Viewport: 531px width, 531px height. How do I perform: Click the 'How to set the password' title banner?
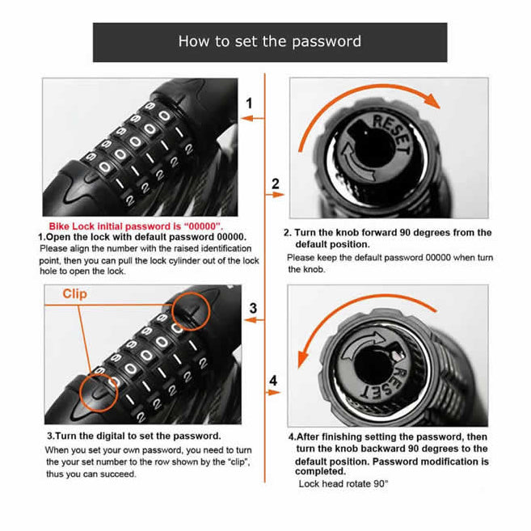[269, 42]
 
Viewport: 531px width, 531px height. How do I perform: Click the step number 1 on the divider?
[250, 103]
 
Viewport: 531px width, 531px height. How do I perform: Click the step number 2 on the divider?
[275, 183]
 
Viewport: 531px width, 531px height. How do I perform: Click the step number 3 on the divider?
[253, 308]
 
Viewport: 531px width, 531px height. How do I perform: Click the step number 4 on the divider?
[273, 380]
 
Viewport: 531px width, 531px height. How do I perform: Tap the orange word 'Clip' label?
[74, 294]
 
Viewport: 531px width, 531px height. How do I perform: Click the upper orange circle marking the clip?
[190, 308]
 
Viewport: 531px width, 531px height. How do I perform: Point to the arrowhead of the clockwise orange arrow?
[433, 102]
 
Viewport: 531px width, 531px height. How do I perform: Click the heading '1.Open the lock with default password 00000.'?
[142, 236]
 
